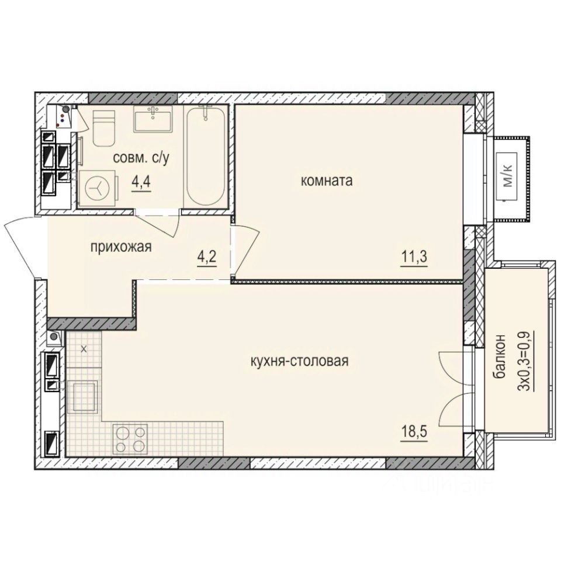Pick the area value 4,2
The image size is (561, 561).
click(207, 257)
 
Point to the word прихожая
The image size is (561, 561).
click(121, 247)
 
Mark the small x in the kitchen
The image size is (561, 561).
click(83, 349)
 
